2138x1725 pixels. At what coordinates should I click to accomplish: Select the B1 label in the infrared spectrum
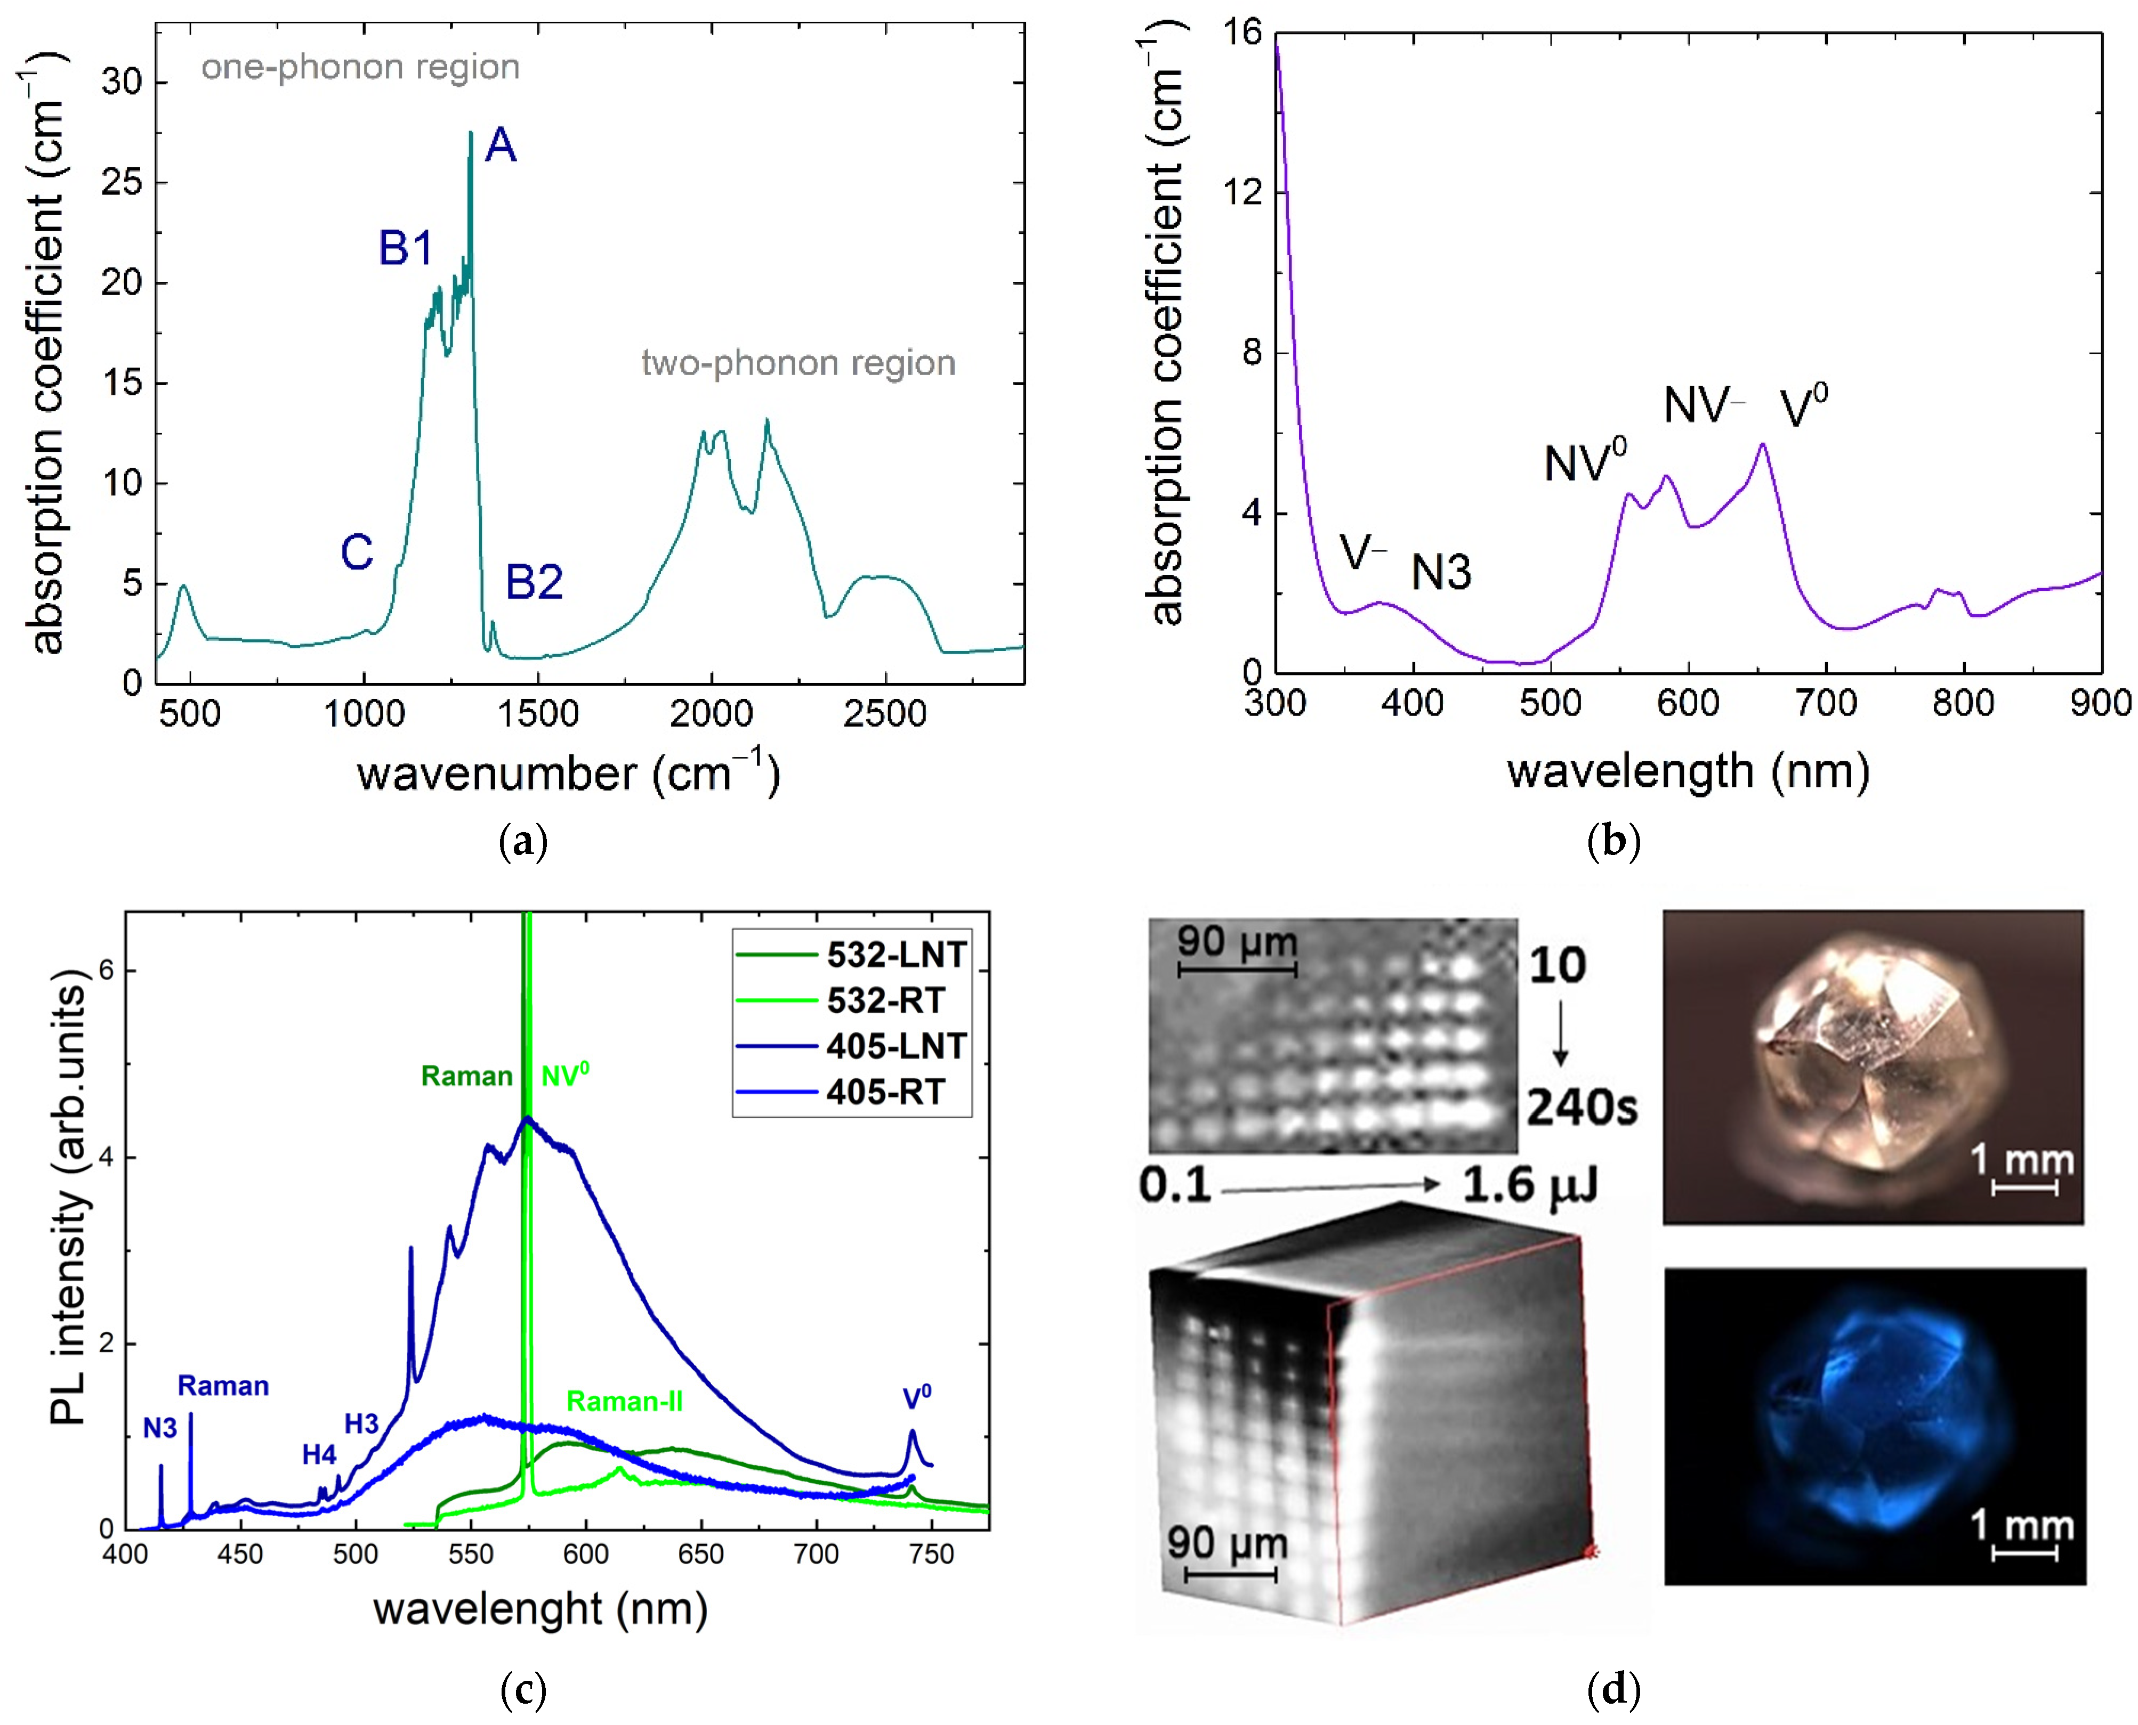[406, 247]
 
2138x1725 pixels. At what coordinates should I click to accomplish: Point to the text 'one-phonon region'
[360, 68]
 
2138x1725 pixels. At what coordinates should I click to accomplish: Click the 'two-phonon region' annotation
[797, 363]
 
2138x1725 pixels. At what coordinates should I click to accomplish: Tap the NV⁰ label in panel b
[1584, 462]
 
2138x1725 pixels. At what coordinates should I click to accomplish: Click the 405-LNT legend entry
[894, 1046]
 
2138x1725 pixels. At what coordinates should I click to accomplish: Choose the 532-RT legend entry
[885, 1000]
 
